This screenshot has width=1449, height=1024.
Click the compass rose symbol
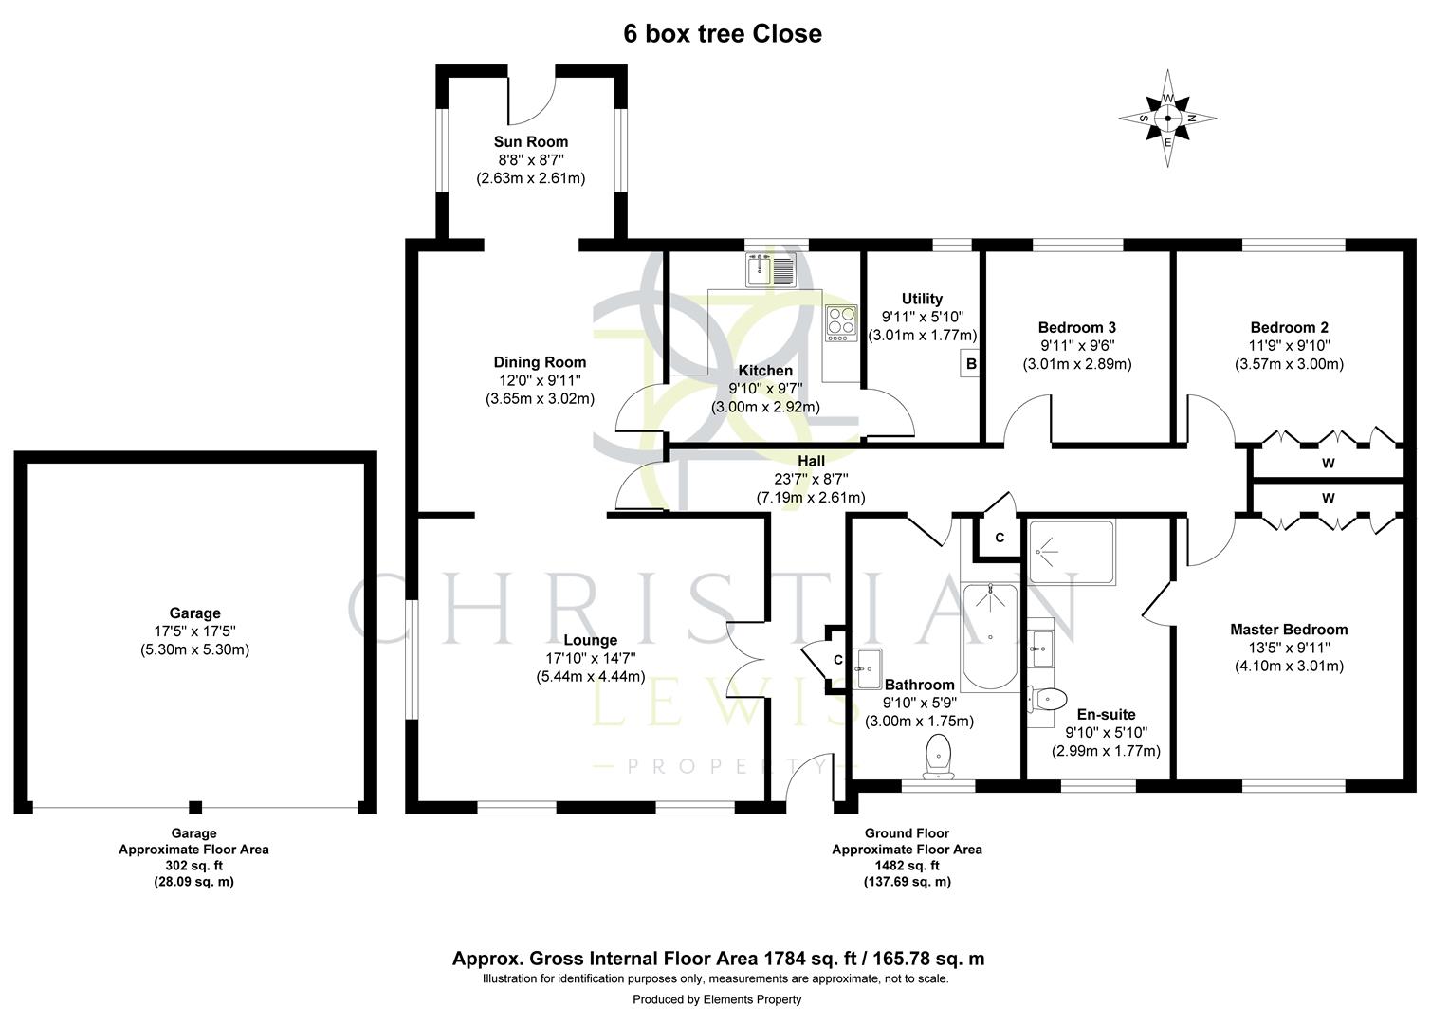coord(1167,119)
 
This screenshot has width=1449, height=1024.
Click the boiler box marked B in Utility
coord(970,363)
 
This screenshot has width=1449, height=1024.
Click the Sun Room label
coord(530,142)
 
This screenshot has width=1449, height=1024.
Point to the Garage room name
coord(194,613)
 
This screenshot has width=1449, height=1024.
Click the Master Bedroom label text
coord(1288,630)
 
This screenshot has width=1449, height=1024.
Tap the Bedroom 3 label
coord(1076,328)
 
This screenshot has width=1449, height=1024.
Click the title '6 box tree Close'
coord(722,34)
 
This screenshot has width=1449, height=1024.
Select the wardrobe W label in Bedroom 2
coord(1328,464)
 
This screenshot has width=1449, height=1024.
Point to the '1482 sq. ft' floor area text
coord(907,865)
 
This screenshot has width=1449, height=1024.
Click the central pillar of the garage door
coord(195,807)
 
